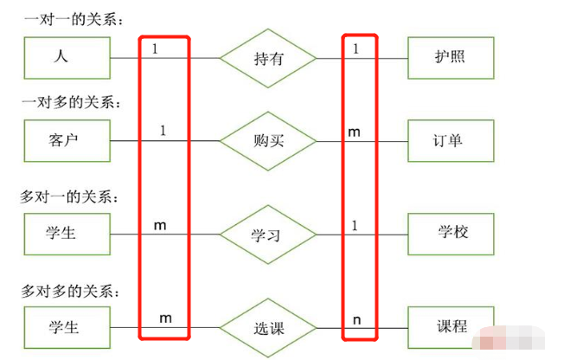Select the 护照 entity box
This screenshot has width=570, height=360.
pyautogui.click(x=451, y=58)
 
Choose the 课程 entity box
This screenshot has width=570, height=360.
pyautogui.click(x=451, y=327)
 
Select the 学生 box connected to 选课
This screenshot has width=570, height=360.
pyautogui.click(x=68, y=327)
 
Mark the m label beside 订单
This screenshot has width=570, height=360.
pyautogui.click(x=355, y=132)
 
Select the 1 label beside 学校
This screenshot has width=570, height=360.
pyautogui.click(x=355, y=225)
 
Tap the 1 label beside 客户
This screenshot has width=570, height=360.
pyautogui.click(x=163, y=131)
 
